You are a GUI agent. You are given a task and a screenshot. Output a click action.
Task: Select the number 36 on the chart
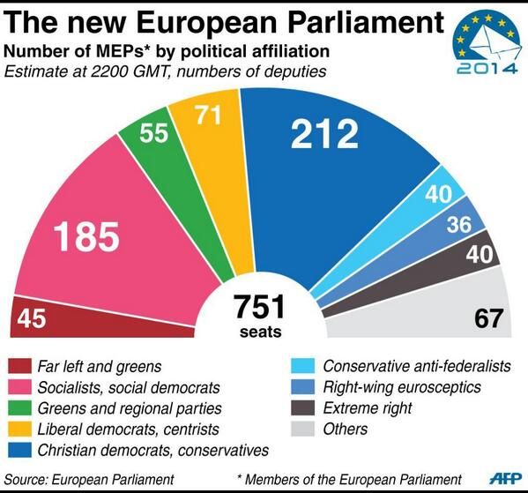coord(457,225)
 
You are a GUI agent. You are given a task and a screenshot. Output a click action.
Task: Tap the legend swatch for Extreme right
coord(302,408)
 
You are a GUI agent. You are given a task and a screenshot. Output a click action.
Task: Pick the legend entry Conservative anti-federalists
coord(412,366)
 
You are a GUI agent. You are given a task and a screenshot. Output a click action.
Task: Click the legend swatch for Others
coord(302,430)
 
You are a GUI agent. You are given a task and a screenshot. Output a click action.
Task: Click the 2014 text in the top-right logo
coord(483,67)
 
